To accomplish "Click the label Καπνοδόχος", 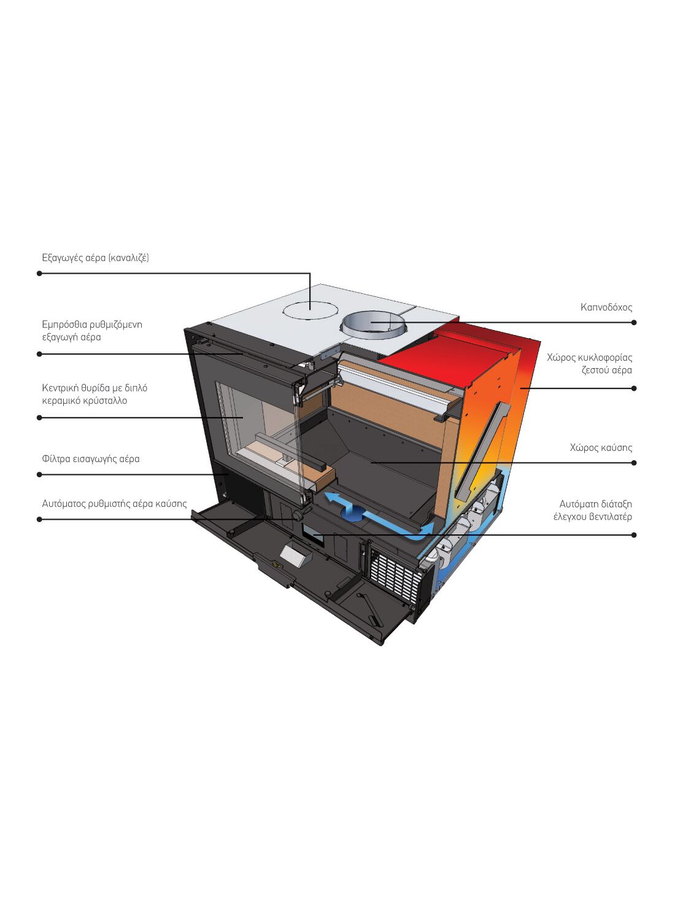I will click(606, 307).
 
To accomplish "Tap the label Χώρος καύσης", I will click(600, 448).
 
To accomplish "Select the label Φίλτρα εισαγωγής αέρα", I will click(91, 459).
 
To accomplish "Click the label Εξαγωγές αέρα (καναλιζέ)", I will click(95, 258).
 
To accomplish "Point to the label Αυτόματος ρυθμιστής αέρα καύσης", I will click(114, 504).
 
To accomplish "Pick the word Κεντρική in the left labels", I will click(60, 388).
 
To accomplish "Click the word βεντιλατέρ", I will click(610, 517).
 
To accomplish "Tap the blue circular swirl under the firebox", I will click(354, 512).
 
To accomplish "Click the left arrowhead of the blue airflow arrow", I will click(330, 496).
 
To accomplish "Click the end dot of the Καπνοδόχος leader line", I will click(634, 323).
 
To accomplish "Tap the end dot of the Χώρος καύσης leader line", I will click(634, 463).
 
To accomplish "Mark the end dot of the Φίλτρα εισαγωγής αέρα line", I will click(40, 474).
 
